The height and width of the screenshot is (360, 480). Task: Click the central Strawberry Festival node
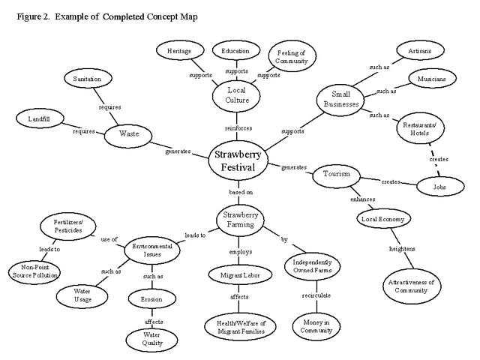(x=238, y=160)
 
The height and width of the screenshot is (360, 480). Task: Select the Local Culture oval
(x=236, y=96)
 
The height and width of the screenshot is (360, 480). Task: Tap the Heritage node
(x=180, y=51)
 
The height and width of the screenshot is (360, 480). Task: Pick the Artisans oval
(x=420, y=51)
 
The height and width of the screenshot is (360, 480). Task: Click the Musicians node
(x=432, y=79)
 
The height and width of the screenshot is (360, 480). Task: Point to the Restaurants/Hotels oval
(x=420, y=128)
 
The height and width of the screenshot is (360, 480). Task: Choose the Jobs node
(x=440, y=187)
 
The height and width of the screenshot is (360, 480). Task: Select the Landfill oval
(x=40, y=118)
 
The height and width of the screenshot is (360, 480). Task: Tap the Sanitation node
(x=88, y=79)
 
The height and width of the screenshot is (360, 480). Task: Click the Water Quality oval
(x=151, y=339)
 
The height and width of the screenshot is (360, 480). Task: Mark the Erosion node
(x=151, y=299)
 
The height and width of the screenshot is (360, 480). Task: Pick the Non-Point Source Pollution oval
(x=34, y=271)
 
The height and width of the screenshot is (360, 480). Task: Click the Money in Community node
(x=316, y=326)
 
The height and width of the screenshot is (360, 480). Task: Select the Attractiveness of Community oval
(x=412, y=286)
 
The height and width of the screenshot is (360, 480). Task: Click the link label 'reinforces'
(x=238, y=128)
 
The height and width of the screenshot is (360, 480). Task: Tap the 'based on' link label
(x=241, y=192)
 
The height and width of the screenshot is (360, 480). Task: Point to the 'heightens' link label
(x=402, y=248)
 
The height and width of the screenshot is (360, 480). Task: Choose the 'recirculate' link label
(x=316, y=295)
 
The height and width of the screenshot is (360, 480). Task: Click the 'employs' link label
(x=241, y=252)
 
